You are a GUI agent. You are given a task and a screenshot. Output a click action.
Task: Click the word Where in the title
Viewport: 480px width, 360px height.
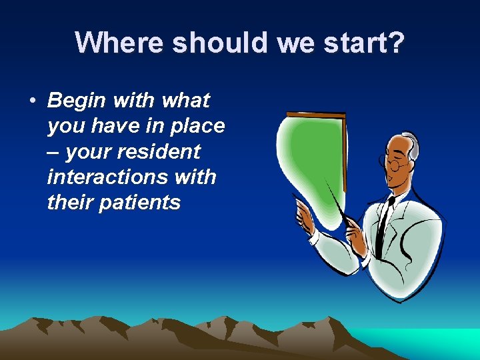click(119, 43)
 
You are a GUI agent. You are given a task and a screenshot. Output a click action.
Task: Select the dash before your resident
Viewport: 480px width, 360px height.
click(53, 152)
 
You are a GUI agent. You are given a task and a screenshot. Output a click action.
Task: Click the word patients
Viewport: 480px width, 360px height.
click(139, 203)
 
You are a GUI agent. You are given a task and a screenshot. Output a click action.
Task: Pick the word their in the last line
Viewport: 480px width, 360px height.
click(70, 203)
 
